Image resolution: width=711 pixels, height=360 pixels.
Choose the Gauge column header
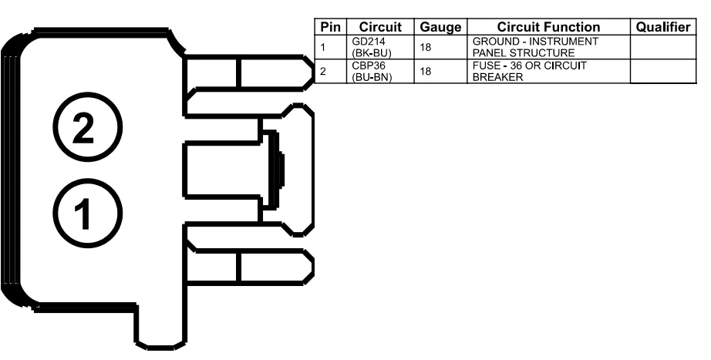pos(439,27)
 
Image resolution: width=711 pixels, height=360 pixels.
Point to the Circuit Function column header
pos(548,27)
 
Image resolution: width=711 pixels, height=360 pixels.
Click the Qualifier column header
pos(661,27)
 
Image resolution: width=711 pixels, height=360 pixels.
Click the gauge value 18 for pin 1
pos(425,46)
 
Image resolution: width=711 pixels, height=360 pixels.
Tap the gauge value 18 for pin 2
pos(425,72)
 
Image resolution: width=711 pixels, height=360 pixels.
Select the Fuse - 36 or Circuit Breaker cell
pos(529,72)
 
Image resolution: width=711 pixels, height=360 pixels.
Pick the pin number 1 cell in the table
pos(324,46)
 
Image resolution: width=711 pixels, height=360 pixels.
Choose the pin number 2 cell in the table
pos(324,72)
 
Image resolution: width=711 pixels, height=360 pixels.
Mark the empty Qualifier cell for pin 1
pos(661,46)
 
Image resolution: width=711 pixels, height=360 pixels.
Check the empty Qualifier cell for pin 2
pos(661,72)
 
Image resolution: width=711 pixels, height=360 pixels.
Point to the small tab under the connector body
pos(159,328)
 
